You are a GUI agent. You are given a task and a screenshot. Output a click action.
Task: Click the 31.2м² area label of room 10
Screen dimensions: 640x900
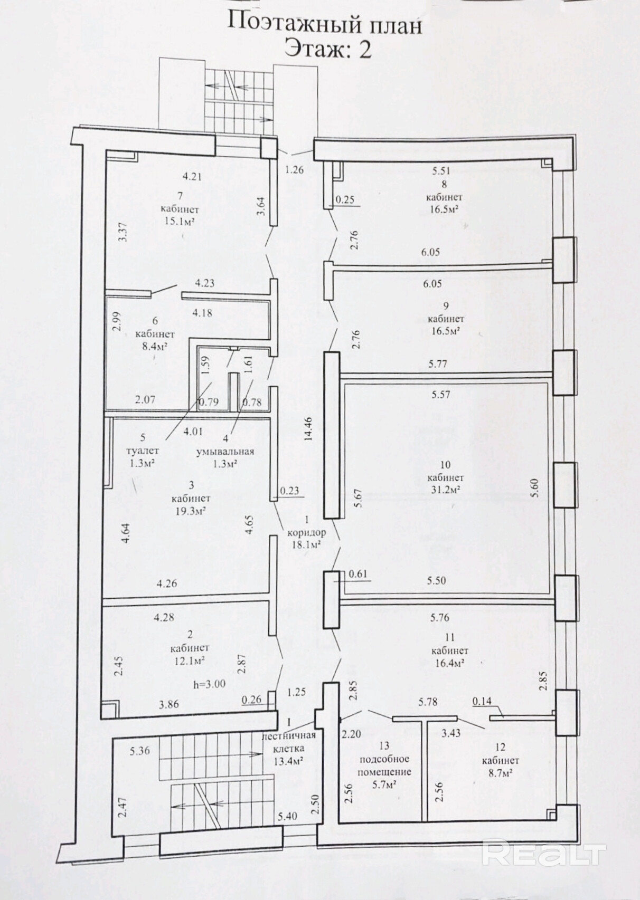tap(445, 490)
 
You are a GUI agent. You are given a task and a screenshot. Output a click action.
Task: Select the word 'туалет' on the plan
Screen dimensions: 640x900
tap(143, 451)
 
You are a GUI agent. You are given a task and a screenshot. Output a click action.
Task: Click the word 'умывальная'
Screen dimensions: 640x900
tap(225, 451)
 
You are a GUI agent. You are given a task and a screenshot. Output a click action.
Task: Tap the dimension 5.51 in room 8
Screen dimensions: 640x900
tap(441, 171)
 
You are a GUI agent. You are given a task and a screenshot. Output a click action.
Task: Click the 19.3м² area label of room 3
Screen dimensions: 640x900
tap(191, 510)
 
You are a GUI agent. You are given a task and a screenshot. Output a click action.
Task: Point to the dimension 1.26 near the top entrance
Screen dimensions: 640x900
tap(294, 169)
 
